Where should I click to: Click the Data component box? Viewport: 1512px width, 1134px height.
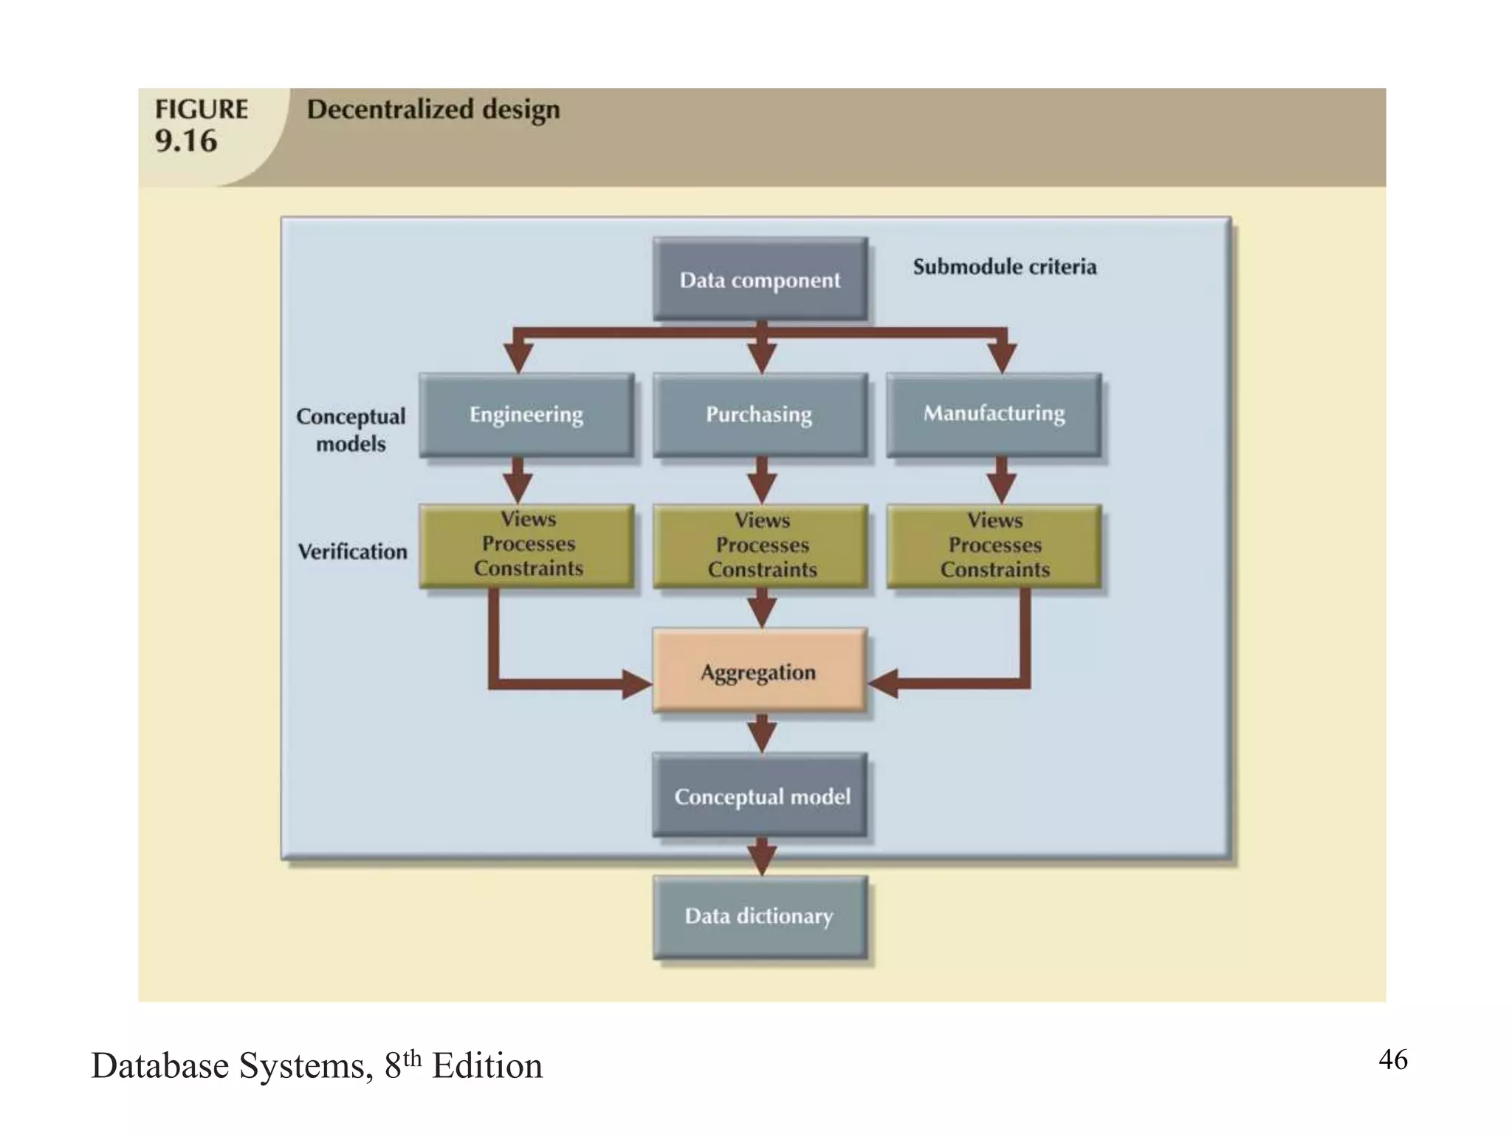[x=760, y=280]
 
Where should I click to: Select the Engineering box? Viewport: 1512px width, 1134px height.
[x=526, y=414]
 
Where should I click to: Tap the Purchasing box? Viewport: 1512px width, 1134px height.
[x=760, y=414]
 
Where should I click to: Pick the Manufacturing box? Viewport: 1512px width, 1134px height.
[x=994, y=413]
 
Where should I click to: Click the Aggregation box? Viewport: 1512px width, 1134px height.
[x=759, y=671]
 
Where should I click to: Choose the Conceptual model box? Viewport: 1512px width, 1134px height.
[x=760, y=796]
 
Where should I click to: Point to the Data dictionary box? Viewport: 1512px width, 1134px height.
[x=760, y=916]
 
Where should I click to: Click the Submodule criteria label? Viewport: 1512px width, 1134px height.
[x=1004, y=267]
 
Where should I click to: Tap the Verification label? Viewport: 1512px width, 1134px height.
[x=352, y=551]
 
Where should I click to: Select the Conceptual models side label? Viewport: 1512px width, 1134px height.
[x=351, y=430]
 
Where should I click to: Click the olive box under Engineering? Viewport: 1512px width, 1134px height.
[x=526, y=546]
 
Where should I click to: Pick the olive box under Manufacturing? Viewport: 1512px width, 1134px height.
[x=994, y=546]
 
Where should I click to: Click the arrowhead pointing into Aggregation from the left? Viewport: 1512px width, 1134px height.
[x=636, y=684]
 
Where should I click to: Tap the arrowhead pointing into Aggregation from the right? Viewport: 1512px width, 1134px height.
[x=883, y=684]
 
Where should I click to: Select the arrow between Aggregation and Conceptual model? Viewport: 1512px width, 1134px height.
[x=761, y=733]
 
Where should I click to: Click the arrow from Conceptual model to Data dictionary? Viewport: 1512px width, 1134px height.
[x=761, y=857]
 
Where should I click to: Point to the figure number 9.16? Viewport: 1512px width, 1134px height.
[x=186, y=141]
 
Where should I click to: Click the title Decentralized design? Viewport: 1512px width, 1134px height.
[x=433, y=109]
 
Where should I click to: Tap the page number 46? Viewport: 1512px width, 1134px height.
[x=1392, y=1059]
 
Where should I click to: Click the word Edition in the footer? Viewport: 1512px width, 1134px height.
[x=487, y=1066]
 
